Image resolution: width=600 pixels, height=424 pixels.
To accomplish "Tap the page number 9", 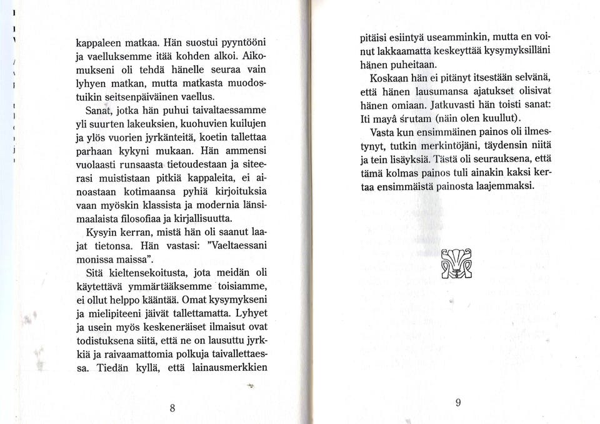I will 457,403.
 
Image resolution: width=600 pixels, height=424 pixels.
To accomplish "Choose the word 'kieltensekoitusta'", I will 151,273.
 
